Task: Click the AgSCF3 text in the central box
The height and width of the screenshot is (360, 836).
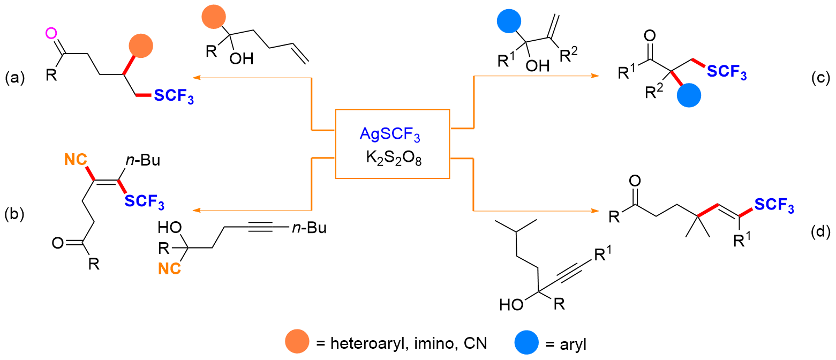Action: pyautogui.click(x=390, y=136)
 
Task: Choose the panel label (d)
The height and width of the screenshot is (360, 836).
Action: pyautogui.click(x=820, y=232)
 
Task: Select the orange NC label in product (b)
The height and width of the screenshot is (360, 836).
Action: pyautogui.click(x=74, y=159)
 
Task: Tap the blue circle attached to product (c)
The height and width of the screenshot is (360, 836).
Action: pyautogui.click(x=689, y=97)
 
